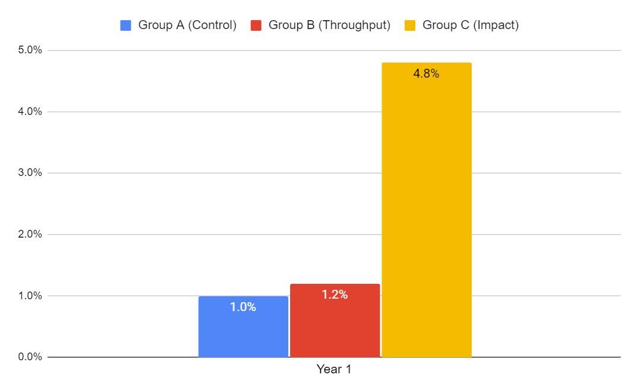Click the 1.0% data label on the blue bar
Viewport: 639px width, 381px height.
[x=243, y=307]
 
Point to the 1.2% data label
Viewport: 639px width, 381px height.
[x=335, y=294]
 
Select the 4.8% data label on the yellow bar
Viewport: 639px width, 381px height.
[x=426, y=74]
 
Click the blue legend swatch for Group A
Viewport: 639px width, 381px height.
[x=126, y=25]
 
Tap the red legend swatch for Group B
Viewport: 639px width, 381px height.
[x=256, y=25]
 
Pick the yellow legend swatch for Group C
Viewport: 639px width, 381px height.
[x=410, y=25]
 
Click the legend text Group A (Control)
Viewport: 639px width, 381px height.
[x=187, y=25]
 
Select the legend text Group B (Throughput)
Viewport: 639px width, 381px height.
[x=329, y=25]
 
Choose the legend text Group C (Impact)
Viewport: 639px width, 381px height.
[x=470, y=25]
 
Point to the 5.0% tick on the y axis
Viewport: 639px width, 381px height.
[x=30, y=50]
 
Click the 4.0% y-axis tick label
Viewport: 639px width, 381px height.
[x=30, y=111]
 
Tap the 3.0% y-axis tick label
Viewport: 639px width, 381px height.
[x=30, y=173]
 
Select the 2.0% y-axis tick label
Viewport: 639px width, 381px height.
[x=30, y=234]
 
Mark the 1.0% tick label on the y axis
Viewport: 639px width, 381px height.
[x=30, y=296]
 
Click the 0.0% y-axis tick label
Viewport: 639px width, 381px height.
[x=30, y=357]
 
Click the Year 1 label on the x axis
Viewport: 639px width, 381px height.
[x=334, y=369]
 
